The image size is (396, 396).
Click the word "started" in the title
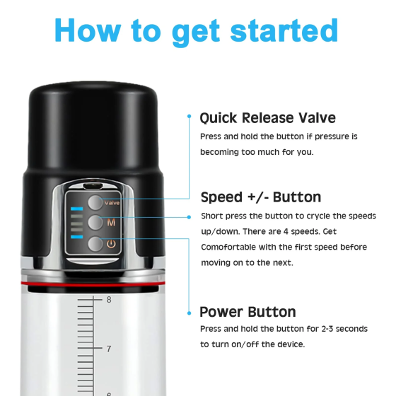click(x=284, y=30)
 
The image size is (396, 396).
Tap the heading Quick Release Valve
click(x=268, y=118)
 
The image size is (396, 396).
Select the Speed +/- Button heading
click(x=261, y=197)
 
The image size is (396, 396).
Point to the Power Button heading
click(x=248, y=312)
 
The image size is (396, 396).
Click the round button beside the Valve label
click(x=95, y=202)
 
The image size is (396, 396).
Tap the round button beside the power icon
click(x=95, y=244)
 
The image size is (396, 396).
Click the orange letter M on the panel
click(x=111, y=223)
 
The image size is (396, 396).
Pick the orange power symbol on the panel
click(x=111, y=244)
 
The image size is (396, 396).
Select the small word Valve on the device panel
click(x=112, y=203)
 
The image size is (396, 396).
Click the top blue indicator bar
click(x=77, y=209)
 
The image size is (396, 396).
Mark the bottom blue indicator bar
click(x=77, y=237)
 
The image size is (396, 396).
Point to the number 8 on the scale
click(x=109, y=300)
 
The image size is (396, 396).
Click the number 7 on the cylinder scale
click(x=109, y=349)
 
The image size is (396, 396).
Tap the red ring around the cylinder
click(x=93, y=284)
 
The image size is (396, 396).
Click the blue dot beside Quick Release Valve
click(x=190, y=116)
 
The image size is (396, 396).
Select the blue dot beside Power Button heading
click(x=190, y=313)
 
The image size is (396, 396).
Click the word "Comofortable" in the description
click(x=228, y=247)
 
